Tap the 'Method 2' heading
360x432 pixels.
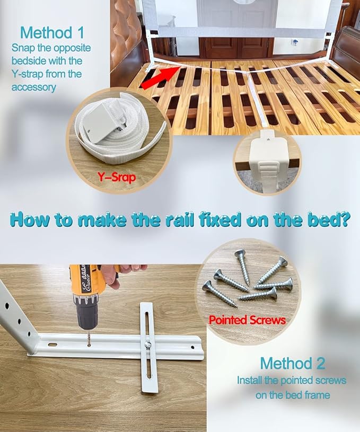pyautogui.click(x=292, y=364)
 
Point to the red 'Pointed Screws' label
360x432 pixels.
pyautogui.click(x=247, y=320)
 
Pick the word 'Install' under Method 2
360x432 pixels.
pyautogui.click(x=250, y=381)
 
